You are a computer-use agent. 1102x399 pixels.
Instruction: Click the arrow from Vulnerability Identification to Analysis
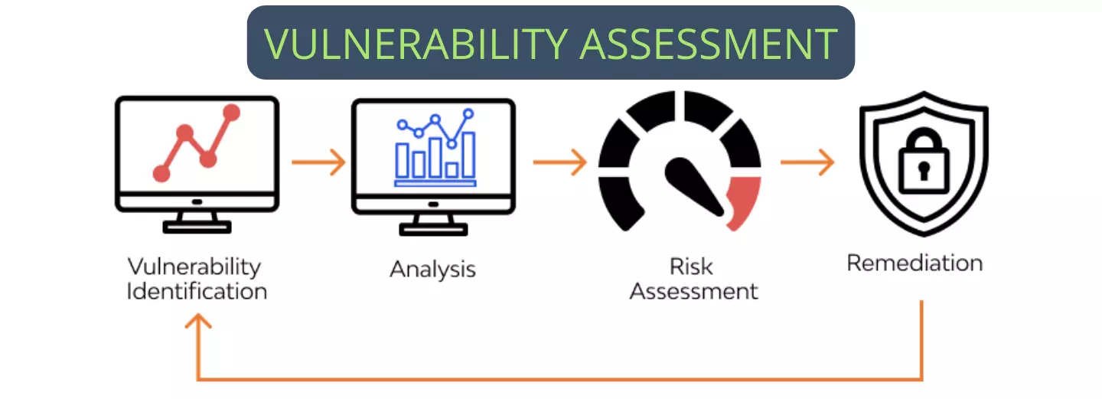[318, 162]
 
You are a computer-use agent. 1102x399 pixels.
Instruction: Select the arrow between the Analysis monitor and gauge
[559, 162]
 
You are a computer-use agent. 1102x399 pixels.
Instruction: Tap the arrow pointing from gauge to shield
[807, 162]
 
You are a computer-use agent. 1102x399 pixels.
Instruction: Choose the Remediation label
[915, 263]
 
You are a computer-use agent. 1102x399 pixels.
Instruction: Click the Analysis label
[432, 269]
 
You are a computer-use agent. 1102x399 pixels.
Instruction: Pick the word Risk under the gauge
[691, 267]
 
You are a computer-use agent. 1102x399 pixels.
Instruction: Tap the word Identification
[197, 292]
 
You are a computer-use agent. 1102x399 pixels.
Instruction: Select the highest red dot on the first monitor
[231, 113]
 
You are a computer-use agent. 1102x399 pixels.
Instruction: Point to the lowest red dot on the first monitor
[161, 174]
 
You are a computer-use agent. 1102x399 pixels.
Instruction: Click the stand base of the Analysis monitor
[433, 227]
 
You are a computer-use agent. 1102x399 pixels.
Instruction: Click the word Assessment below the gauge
[693, 292]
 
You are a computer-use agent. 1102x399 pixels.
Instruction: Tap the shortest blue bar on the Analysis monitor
[452, 169]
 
